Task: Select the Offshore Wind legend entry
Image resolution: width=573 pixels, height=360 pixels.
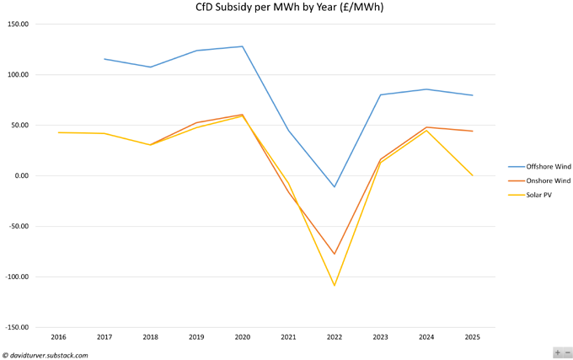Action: [538, 166]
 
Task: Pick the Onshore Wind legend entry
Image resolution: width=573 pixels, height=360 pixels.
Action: [538, 180]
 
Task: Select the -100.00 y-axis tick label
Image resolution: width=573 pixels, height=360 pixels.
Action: [16, 277]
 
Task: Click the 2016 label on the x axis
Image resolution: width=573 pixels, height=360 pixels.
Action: [58, 336]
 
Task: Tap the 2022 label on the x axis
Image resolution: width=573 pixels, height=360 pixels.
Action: [335, 336]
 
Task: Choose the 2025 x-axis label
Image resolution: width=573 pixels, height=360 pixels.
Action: [473, 336]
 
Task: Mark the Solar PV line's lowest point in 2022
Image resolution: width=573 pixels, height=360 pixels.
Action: [335, 286]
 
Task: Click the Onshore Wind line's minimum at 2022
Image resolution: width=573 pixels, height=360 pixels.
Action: [335, 254]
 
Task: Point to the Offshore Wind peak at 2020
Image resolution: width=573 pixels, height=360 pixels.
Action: [243, 46]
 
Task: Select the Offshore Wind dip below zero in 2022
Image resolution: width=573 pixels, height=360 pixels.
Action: [335, 187]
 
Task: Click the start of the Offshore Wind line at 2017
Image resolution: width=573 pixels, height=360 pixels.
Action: [104, 59]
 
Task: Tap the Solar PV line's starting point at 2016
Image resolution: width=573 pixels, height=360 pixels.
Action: [58, 132]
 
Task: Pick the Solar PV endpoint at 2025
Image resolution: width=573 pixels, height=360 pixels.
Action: [473, 175]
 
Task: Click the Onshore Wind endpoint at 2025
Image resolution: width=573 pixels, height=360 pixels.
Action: [473, 131]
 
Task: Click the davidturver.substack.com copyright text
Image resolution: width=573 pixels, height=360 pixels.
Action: [46, 355]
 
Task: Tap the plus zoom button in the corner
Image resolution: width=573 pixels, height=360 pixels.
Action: [558, 352]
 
